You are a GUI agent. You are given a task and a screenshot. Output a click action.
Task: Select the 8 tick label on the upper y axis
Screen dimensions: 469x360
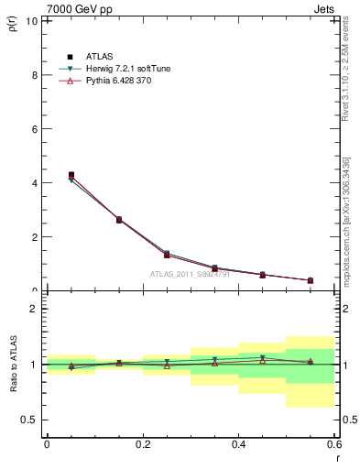click(36, 75)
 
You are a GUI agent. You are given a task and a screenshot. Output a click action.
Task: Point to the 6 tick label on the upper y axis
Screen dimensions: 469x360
click(36, 129)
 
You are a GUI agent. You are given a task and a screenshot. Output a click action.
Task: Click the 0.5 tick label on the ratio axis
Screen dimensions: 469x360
click(31, 420)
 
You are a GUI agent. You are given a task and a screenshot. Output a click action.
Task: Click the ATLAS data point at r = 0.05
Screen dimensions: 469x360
click(71, 175)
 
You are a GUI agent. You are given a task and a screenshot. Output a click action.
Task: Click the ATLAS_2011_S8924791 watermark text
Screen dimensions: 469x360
click(189, 274)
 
